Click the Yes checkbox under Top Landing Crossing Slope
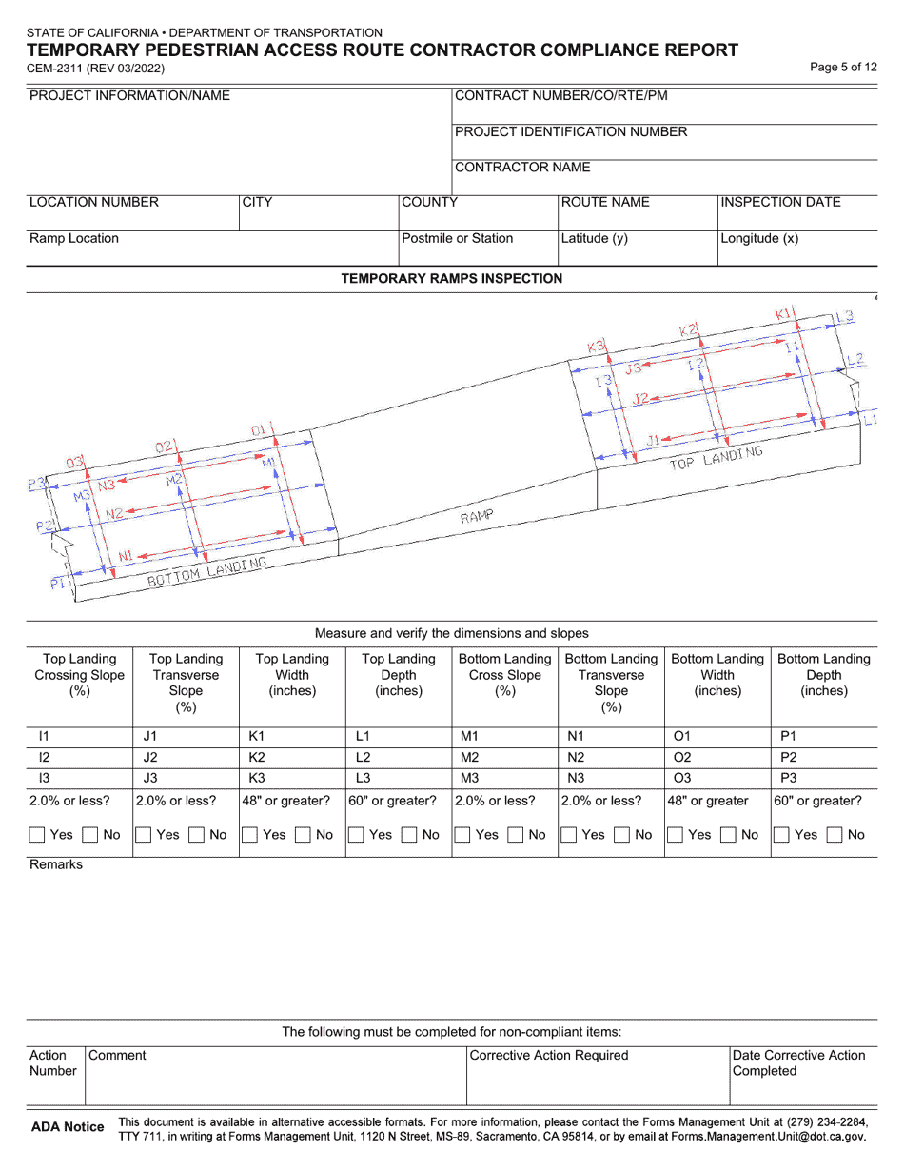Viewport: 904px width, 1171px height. pos(37,835)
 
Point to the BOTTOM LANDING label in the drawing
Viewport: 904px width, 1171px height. pos(206,572)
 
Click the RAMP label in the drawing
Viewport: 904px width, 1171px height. pos(477,517)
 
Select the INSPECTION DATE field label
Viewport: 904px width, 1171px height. pos(780,202)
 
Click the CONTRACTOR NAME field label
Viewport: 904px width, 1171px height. pos(522,168)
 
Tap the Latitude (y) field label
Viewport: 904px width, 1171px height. pos(595,238)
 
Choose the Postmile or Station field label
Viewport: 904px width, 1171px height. pos(458,238)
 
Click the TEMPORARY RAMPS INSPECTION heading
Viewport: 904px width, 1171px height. pos(451,278)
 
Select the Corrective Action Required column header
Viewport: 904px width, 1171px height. pos(549,1055)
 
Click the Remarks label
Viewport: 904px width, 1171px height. pos(56,864)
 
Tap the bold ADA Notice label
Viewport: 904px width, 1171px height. pos(68,1127)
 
